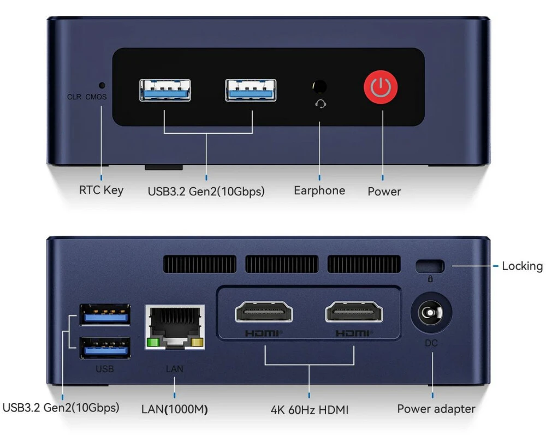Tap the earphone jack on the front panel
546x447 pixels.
pos(319,87)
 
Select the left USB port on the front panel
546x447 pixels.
pos(165,90)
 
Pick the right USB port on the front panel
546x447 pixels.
pos(251,90)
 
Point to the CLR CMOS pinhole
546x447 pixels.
pos(102,85)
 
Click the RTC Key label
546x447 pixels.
pos(102,190)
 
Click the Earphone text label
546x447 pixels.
pos(319,190)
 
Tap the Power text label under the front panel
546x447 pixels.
pos(384,191)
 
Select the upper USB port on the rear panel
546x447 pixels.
pos(105,315)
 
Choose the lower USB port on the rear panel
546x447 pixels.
pos(105,348)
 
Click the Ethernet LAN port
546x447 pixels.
pos(175,326)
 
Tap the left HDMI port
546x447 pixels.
pos(264,313)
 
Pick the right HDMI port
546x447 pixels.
pos(354,313)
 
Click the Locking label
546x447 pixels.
pos(522,266)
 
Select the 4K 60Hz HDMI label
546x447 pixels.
pos(309,409)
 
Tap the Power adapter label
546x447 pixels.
pos(436,409)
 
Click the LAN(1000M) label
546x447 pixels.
pos(174,409)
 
